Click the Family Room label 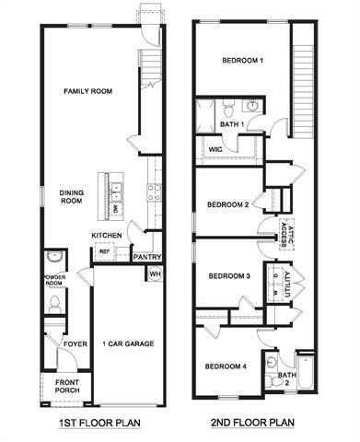tap(87, 91)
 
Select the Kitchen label tap(107, 235)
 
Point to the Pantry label tap(147, 258)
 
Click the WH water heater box tap(155, 274)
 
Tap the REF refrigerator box tap(104, 250)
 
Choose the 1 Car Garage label tap(127, 343)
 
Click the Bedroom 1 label tap(242, 61)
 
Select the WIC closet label tap(215, 148)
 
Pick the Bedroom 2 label tap(228, 204)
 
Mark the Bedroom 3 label tap(228, 276)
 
